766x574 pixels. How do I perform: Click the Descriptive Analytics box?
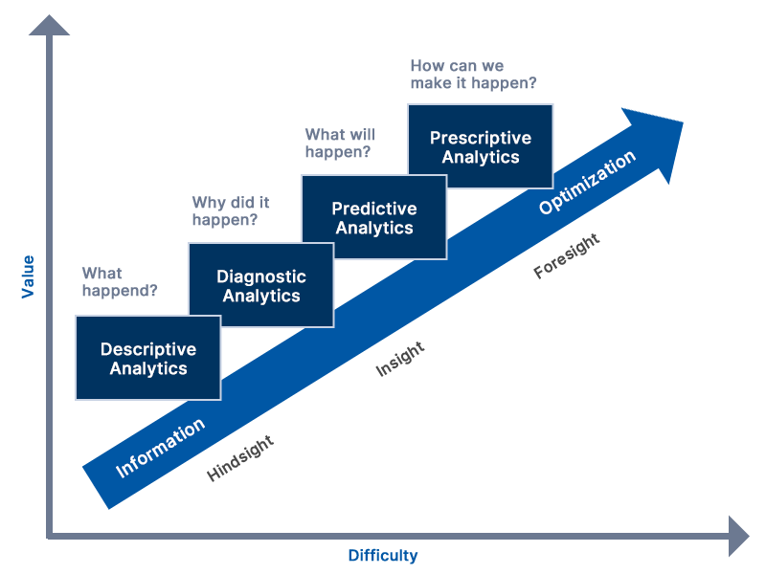pyautogui.click(x=148, y=358)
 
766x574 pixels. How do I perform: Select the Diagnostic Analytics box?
pyautogui.click(x=261, y=285)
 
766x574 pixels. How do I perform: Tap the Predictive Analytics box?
pyautogui.click(x=374, y=217)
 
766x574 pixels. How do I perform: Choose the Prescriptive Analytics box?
pyautogui.click(x=481, y=146)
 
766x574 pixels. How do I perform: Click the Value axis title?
pyautogui.click(x=28, y=276)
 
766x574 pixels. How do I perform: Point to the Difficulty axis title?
pyautogui.click(x=383, y=556)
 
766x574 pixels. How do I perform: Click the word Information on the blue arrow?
pyautogui.click(x=160, y=448)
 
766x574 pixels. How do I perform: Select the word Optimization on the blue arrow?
pyautogui.click(x=587, y=182)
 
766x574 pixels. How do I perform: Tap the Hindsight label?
pyautogui.click(x=240, y=458)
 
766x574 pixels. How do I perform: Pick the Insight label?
pyautogui.click(x=400, y=359)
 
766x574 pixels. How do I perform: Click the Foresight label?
pyautogui.click(x=567, y=255)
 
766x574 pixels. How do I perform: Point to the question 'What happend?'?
pyautogui.click(x=120, y=281)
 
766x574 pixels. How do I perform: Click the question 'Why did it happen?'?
pyautogui.click(x=231, y=210)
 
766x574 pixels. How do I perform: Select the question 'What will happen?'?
pyautogui.click(x=340, y=143)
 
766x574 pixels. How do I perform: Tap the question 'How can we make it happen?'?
pyautogui.click(x=473, y=75)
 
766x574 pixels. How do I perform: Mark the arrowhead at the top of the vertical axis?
pyautogui.click(x=49, y=26)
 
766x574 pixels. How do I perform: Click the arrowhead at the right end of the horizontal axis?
pyautogui.click(x=738, y=536)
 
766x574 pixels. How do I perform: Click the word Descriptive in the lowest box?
pyautogui.click(x=148, y=349)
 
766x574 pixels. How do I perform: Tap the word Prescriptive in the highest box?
pyautogui.click(x=481, y=138)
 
